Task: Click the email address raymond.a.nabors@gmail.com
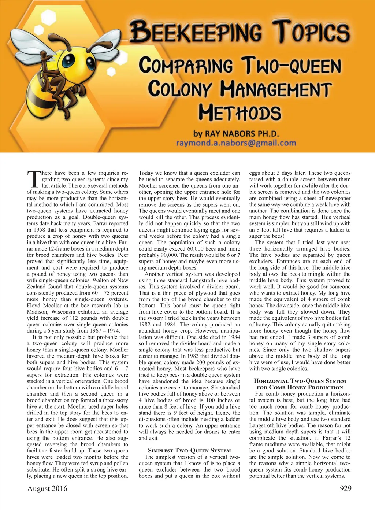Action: click(236, 143)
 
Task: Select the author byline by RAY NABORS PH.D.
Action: click(236, 133)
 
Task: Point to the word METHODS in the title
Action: click(240, 112)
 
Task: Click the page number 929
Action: click(345, 488)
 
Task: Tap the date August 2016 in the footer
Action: click(47, 488)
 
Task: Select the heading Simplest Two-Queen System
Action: click(189, 451)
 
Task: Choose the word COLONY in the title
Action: click(179, 89)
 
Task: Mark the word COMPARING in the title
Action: click(186, 66)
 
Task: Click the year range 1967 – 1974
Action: click(104, 330)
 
